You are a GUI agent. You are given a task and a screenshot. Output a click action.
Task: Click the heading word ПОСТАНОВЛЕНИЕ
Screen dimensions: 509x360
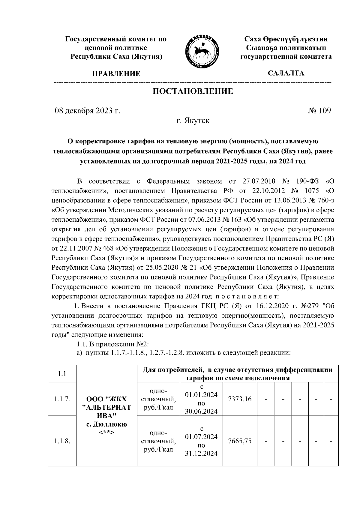[x=193, y=91]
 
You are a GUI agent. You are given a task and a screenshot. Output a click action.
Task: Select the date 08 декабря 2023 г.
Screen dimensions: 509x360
[x=87, y=111]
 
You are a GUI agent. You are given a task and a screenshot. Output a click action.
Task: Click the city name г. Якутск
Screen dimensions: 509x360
[x=193, y=121]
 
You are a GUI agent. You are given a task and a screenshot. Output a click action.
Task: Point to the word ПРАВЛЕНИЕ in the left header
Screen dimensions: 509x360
[x=116, y=74]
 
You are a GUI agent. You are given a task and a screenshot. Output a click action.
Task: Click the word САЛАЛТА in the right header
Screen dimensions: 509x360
[x=286, y=73]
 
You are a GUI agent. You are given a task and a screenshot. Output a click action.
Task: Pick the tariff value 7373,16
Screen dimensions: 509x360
[x=240, y=399]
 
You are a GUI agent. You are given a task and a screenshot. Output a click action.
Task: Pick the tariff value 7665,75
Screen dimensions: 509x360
[x=240, y=441]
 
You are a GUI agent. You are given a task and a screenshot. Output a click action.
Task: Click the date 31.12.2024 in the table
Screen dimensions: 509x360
[x=201, y=454]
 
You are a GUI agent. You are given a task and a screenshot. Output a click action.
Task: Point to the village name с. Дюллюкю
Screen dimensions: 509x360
[x=106, y=424]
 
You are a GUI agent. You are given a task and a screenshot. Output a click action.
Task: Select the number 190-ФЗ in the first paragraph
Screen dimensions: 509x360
[x=306, y=181]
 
